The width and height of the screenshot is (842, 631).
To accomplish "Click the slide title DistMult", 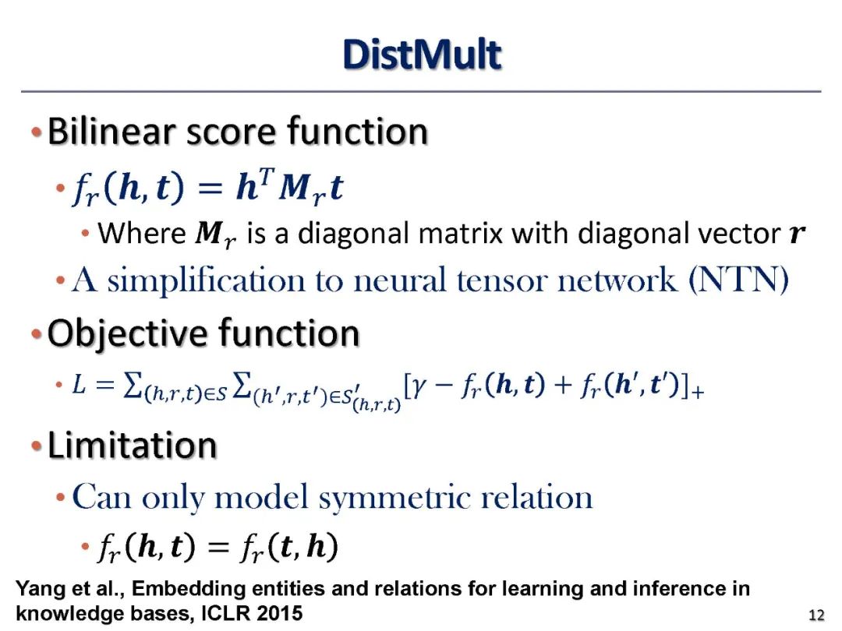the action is point(421,56).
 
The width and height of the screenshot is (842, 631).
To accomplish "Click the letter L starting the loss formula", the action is point(78,386).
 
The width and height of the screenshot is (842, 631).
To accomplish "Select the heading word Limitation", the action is point(132,446).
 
